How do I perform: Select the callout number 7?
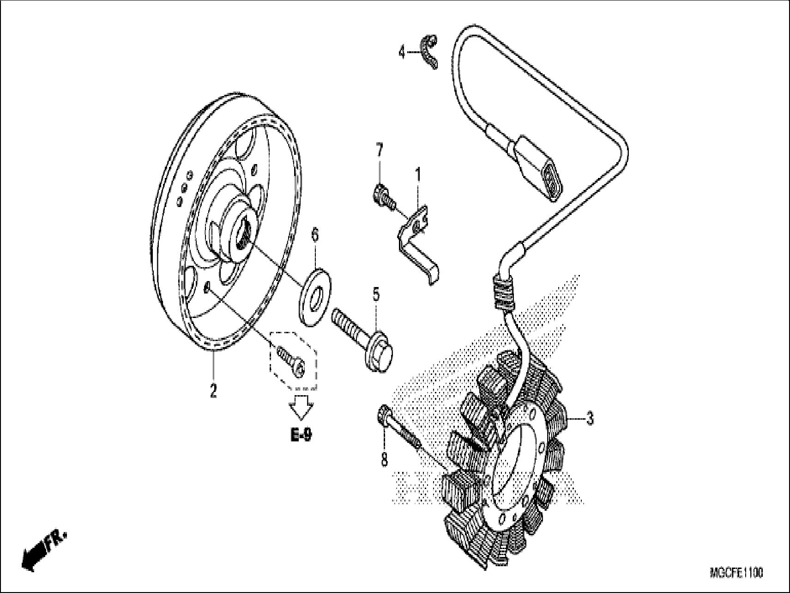pyautogui.click(x=379, y=150)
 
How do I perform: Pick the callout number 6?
pyautogui.click(x=315, y=234)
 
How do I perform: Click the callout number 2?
pyautogui.click(x=213, y=391)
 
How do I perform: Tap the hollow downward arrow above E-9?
pyautogui.click(x=301, y=407)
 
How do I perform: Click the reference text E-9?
pyautogui.click(x=301, y=435)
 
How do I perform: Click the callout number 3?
pyautogui.click(x=590, y=419)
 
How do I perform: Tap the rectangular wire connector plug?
pyautogui.click(x=540, y=167)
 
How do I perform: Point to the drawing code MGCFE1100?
pyautogui.click(x=736, y=573)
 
